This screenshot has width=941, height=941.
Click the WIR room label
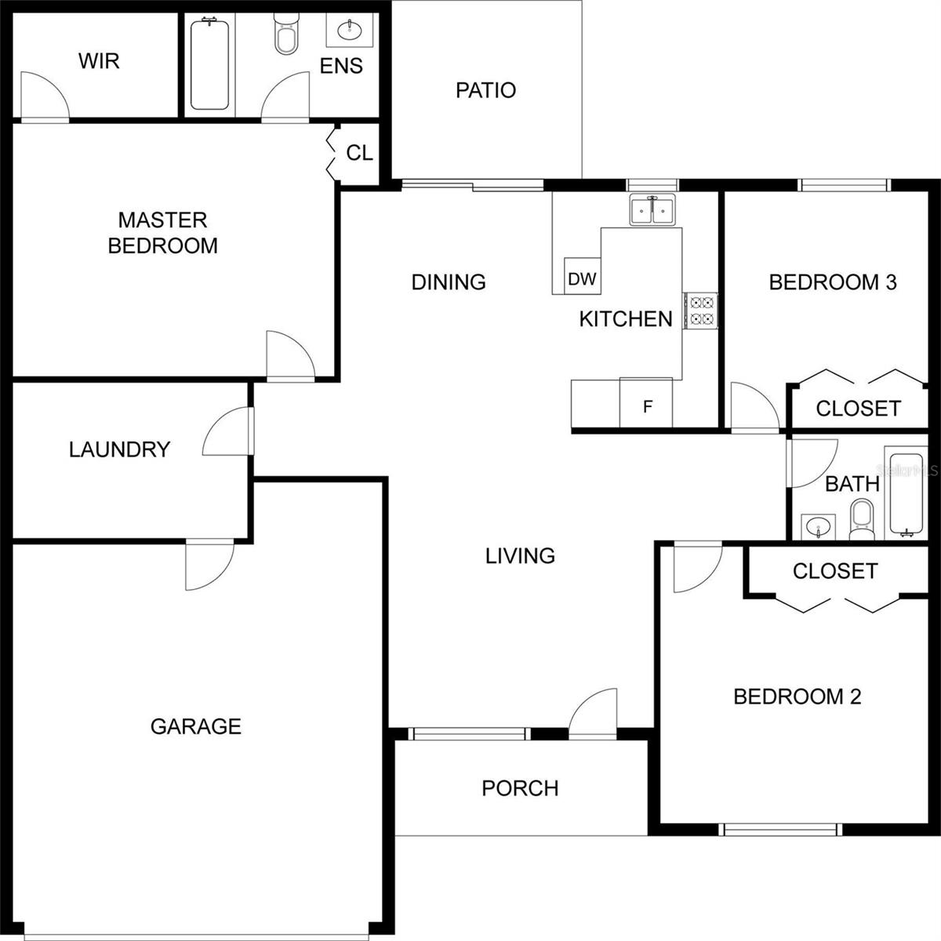(x=99, y=61)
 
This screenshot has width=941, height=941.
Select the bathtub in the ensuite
(x=209, y=64)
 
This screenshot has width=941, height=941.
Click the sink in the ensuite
(x=350, y=31)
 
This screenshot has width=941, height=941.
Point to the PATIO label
(x=486, y=90)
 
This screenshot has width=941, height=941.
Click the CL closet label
(x=359, y=154)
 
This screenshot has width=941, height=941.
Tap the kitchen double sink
(x=652, y=210)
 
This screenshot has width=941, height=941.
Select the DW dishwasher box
(x=582, y=276)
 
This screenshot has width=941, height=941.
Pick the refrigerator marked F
(x=646, y=402)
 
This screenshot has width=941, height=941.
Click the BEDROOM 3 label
(x=833, y=282)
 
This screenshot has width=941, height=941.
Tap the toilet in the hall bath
(x=861, y=518)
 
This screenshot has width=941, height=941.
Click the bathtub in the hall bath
(x=906, y=494)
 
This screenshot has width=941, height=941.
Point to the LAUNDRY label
(x=120, y=450)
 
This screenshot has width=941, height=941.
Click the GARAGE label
(x=196, y=727)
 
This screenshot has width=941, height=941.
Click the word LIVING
(x=520, y=556)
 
